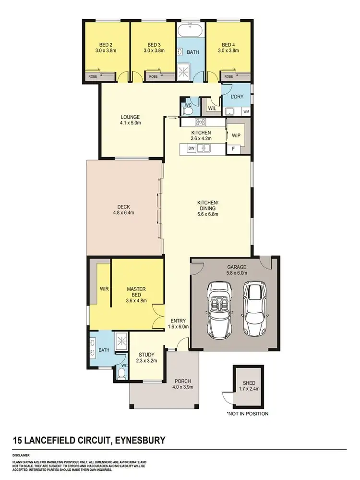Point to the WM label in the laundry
pos(246,112)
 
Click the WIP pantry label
pos(236,135)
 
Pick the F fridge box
pos(233,149)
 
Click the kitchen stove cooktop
pos(200,123)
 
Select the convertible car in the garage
pos(220,308)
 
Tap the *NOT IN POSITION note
pos(247,413)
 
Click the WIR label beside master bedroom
pos(104,289)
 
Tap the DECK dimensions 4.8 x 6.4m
pos(123,212)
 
